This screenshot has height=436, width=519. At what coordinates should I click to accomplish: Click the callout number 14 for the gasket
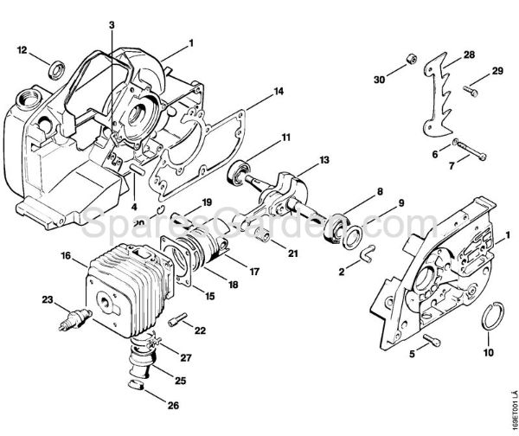[278, 91]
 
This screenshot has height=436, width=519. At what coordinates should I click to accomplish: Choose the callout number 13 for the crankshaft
[300, 160]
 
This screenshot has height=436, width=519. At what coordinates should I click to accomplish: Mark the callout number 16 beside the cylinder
[66, 256]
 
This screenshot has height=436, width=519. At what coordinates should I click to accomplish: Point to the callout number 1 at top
[190, 42]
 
